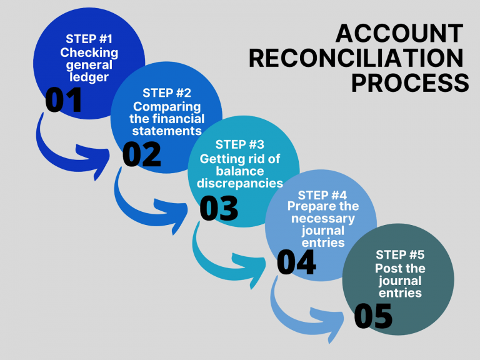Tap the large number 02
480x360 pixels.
[x=141, y=154]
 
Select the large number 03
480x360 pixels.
[x=219, y=209]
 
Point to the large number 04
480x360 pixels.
[x=296, y=262]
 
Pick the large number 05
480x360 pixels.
[x=373, y=316]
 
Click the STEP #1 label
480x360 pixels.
[x=89, y=39]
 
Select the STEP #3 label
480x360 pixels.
[x=239, y=145]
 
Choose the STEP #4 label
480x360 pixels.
[x=322, y=195]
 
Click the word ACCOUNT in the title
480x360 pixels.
[x=399, y=34]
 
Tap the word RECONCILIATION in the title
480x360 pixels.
[x=358, y=58]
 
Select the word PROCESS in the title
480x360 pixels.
[x=409, y=82]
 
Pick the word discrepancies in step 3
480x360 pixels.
[x=239, y=183]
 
